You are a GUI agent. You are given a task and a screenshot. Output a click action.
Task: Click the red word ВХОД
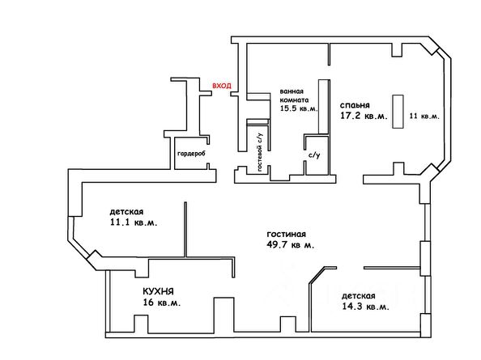coord(222,86)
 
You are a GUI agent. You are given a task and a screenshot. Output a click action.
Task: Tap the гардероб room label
coord(191,154)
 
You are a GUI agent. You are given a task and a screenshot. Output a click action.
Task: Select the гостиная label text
coord(286,235)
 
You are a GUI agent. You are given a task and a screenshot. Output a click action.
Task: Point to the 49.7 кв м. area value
coord(291,245)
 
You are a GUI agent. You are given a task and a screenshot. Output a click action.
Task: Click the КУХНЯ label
coord(158,291)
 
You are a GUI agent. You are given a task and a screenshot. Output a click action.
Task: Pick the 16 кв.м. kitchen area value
coord(162,303)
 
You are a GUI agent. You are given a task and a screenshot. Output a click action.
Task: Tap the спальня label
coord(355,105)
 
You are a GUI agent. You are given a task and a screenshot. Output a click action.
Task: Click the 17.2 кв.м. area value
coord(364,116)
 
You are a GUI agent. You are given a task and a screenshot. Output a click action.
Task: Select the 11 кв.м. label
coord(424,116)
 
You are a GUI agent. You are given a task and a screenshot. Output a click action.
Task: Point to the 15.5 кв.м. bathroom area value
coord(299,108)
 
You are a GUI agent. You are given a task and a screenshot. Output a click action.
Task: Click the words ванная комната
coord(294,95)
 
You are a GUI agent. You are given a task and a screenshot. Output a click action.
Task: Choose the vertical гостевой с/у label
coord(260,152)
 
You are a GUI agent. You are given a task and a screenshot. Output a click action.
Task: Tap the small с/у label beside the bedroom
coord(314,155)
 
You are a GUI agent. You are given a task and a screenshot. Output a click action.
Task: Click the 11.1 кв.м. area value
coord(134,222)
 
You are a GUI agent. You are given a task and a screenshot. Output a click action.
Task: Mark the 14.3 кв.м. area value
coord(366,307)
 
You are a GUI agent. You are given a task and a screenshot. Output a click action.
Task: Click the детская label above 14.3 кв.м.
coord(359,296)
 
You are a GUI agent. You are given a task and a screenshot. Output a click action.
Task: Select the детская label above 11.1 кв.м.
coord(126,212)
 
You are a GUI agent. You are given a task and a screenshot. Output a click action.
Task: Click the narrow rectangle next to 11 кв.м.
coord(398,112)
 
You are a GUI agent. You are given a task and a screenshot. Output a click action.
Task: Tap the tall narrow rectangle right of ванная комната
coord(323,107)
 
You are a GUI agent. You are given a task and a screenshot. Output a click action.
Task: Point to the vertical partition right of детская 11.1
coord(185,229)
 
